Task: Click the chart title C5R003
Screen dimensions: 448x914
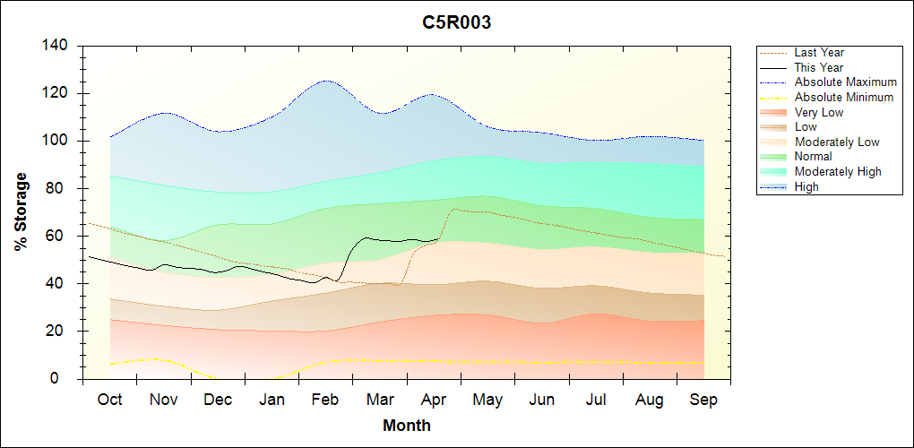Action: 457,23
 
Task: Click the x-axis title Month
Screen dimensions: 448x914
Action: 407,426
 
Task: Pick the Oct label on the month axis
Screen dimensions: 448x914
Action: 110,400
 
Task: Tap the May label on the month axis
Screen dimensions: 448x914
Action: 487,400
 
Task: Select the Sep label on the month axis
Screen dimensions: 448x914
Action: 703,400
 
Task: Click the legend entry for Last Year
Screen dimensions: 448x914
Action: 819,53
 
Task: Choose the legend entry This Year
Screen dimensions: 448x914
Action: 819,67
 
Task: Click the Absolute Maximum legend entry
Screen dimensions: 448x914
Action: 845,82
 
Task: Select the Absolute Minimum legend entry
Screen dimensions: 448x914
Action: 844,97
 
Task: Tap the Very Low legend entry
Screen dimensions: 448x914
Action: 819,112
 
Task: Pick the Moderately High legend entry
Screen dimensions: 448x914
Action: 838,171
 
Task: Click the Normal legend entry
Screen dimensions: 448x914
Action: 814,157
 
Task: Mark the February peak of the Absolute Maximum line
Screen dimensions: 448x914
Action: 325,81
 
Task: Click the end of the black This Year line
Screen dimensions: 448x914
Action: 441,238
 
